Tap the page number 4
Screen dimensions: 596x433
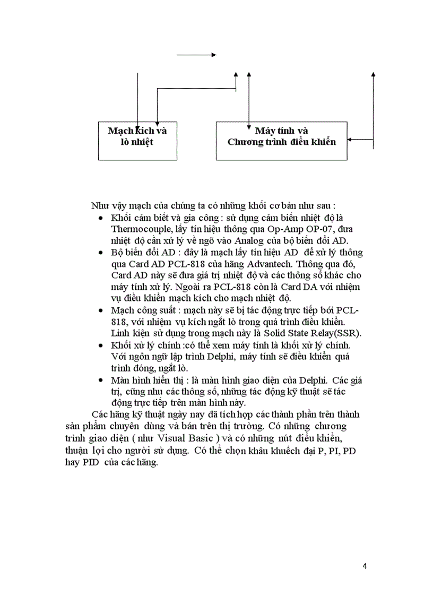point(365,565)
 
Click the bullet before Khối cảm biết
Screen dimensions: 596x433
point(101,218)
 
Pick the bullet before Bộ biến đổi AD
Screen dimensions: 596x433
point(101,253)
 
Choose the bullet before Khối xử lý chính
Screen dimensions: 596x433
point(101,345)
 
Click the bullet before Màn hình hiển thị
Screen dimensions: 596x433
point(101,381)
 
